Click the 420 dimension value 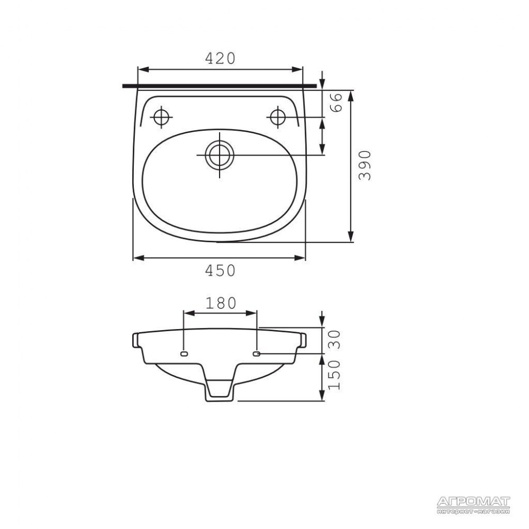coord(220,58)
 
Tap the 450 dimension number coord(220,270)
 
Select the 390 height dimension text coord(364,165)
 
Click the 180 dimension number coord(221,303)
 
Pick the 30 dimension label coord(334,340)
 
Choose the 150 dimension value coord(334,375)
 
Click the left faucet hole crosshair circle coord(161,117)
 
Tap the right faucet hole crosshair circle coord(278,117)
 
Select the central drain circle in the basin coord(220,155)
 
